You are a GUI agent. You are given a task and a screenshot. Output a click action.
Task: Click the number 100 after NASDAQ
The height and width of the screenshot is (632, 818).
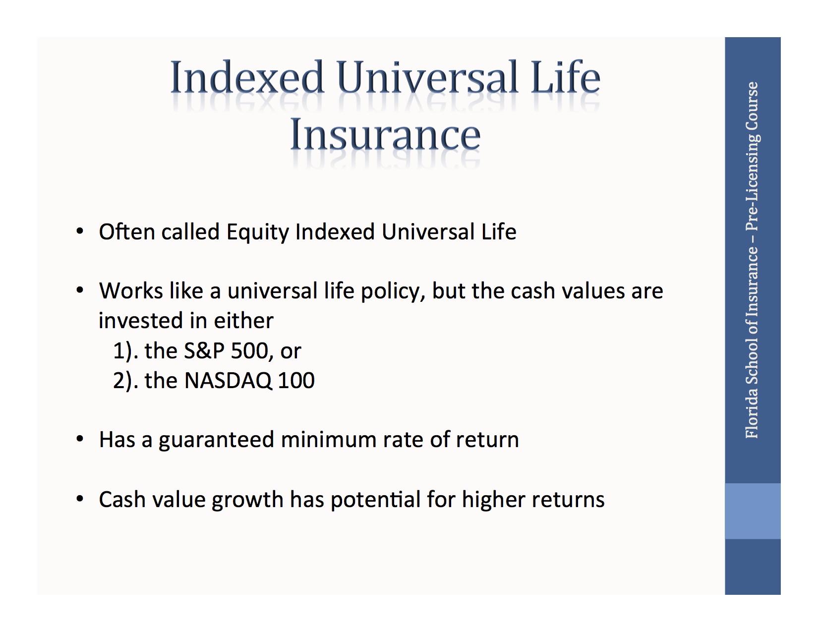coord(296,381)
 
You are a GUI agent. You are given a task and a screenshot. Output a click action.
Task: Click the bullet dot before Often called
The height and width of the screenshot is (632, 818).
coord(80,231)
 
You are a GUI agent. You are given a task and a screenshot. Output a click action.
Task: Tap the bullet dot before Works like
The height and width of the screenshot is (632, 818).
coord(80,290)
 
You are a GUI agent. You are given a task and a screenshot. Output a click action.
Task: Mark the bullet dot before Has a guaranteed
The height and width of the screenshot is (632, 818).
coord(80,440)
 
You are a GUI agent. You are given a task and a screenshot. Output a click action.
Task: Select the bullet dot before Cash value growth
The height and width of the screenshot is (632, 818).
coord(80,499)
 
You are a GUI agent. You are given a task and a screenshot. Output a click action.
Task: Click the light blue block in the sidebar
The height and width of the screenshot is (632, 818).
coord(752,511)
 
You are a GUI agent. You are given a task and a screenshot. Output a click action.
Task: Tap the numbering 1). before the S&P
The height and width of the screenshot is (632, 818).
coord(125,351)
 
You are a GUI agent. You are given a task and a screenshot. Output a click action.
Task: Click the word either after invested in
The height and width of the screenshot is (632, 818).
coord(243,321)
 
